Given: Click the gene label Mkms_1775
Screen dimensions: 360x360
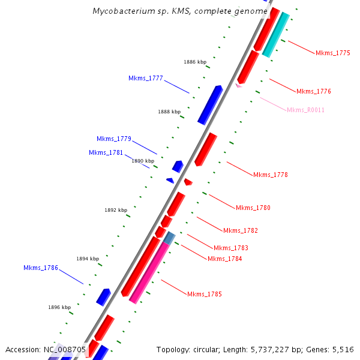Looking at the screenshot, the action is pyautogui.click(x=333, y=53).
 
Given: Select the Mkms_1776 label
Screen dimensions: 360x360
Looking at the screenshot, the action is pyautogui.click(x=314, y=91).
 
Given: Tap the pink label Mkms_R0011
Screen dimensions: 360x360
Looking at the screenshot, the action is pyautogui.click(x=305, y=110).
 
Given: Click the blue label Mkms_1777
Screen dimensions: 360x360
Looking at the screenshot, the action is pyautogui.click(x=146, y=78).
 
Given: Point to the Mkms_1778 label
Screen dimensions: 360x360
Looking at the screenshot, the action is pyautogui.click(x=271, y=175).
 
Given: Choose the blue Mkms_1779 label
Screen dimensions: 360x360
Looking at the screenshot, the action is pyautogui.click(x=114, y=139).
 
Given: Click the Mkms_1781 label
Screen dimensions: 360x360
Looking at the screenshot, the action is pyautogui.click(x=106, y=152).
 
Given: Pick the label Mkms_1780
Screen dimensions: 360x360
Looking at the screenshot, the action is pyautogui.click(x=253, y=208).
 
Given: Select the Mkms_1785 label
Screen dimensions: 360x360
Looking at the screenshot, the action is pyautogui.click(x=205, y=294).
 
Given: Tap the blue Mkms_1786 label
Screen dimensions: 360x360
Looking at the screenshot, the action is pyautogui.click(x=41, y=268).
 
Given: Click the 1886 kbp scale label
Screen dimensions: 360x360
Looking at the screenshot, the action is pyautogui.click(x=195, y=62).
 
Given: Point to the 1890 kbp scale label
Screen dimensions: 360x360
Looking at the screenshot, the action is pyautogui.click(x=143, y=161).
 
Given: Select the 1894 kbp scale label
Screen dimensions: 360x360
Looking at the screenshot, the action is pyautogui.click(x=88, y=259).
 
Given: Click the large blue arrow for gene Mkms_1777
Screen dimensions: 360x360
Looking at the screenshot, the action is pyautogui.click(x=210, y=104).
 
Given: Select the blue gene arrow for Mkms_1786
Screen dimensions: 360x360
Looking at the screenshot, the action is pyautogui.click(x=104, y=296).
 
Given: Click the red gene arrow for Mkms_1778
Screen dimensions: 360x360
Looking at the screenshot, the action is pyautogui.click(x=206, y=149).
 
